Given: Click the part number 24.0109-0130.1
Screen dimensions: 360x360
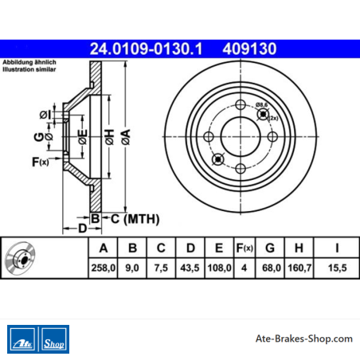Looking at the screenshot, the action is (x=146, y=49).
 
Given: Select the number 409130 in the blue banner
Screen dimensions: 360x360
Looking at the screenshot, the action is (x=249, y=49).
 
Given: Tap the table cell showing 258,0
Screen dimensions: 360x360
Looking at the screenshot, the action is (x=104, y=268).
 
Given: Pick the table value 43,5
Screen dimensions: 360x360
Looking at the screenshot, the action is (x=190, y=268).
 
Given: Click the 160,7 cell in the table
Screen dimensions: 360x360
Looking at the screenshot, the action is (x=299, y=268).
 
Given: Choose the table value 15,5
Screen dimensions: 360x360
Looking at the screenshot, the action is (x=337, y=268).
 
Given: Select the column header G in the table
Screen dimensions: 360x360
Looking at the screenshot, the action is (x=270, y=248).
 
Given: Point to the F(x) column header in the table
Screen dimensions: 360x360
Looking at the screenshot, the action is (x=245, y=248).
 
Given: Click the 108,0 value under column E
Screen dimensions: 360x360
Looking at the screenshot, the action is (x=219, y=268).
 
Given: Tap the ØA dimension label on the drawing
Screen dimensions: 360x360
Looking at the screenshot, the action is (x=126, y=137).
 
